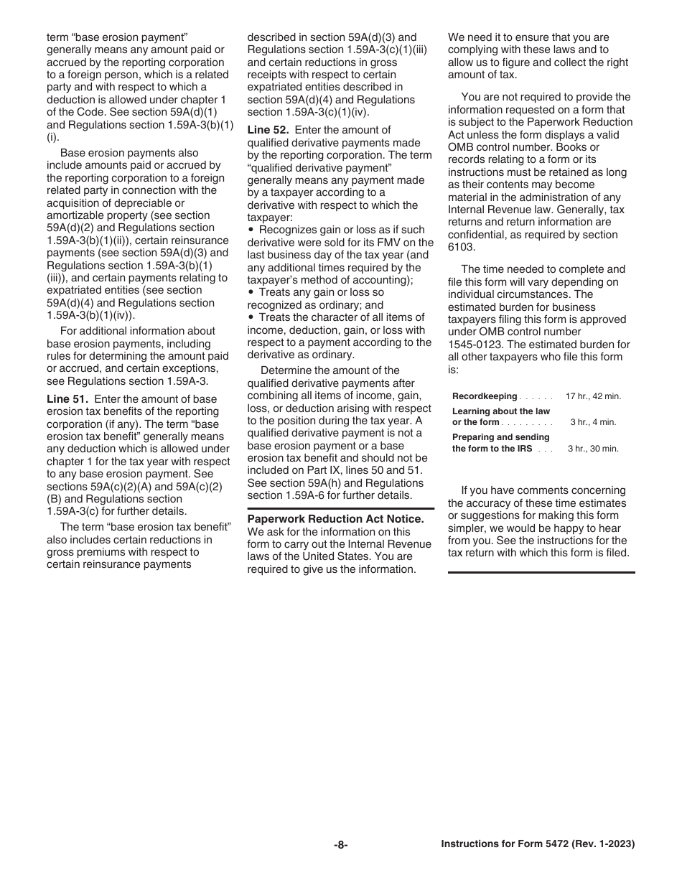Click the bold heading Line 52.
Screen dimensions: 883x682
click(268, 130)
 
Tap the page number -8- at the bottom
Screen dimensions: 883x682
click(341, 845)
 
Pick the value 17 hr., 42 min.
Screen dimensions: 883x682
click(593, 396)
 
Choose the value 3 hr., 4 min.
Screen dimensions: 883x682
click(593, 422)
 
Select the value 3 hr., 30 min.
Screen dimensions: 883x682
click(593, 449)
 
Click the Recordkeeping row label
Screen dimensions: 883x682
click(485, 396)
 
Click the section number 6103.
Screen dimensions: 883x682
click(461, 247)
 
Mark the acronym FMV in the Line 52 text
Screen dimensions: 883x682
click(398, 243)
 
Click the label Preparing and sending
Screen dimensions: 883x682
click(500, 437)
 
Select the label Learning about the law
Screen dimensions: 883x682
click(500, 411)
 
